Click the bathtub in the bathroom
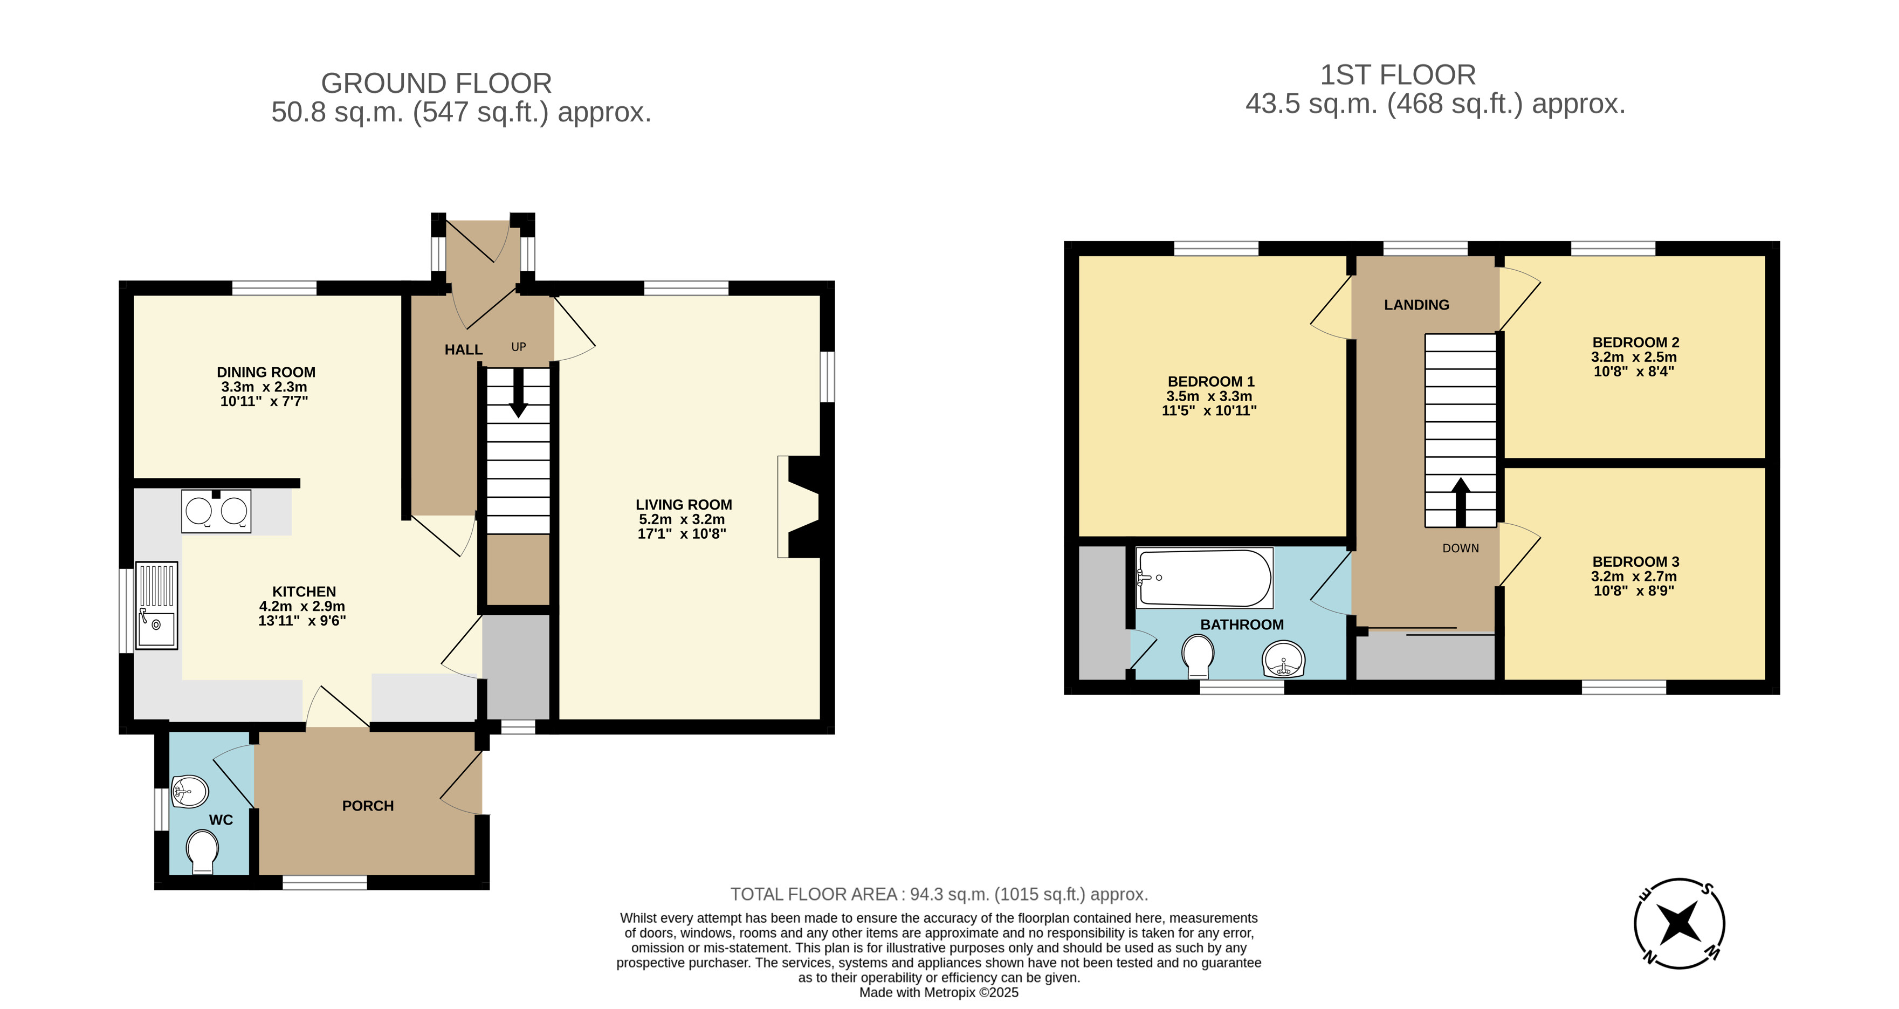[1205, 578]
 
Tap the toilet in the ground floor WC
[202, 852]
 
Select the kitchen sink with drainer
[157, 606]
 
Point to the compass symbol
[1680, 923]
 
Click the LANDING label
[1416, 305]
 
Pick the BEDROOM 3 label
[1636, 561]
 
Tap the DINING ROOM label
[266, 373]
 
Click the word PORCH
[368, 806]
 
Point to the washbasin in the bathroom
[1283, 658]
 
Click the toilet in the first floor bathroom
[1198, 656]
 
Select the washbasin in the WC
[189, 792]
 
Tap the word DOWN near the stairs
[1460, 548]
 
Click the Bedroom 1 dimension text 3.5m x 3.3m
[1209, 396]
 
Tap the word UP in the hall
[519, 347]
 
